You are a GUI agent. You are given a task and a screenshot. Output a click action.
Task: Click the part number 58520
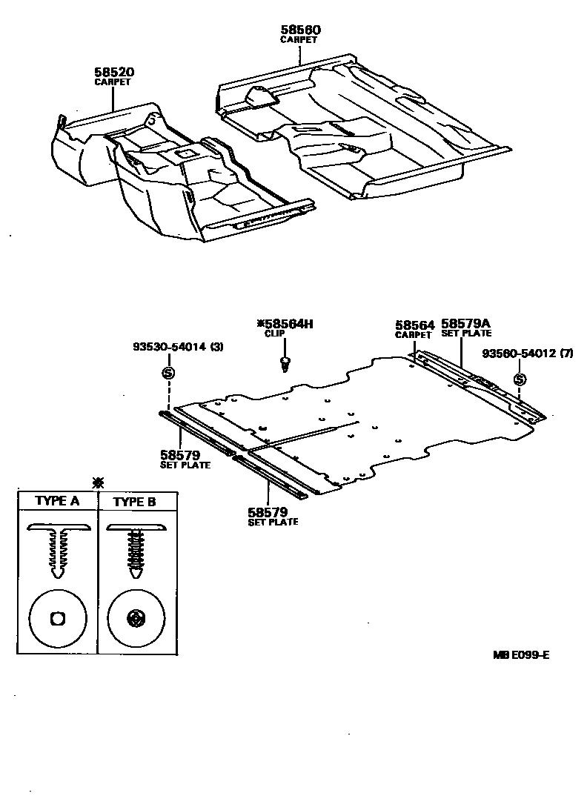click(113, 72)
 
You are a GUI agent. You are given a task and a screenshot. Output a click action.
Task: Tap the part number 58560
click(300, 30)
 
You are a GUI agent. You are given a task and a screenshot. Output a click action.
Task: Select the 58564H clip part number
click(289, 323)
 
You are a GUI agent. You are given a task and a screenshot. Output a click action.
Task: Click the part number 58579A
click(466, 324)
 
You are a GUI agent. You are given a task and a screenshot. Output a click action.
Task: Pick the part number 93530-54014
click(167, 347)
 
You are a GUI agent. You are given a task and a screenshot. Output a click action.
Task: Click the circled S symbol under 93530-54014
click(168, 372)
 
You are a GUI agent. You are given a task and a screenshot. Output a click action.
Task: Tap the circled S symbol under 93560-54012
click(520, 379)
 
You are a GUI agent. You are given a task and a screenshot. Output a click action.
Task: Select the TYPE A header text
click(57, 501)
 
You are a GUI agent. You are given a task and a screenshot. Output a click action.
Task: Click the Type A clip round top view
click(57, 618)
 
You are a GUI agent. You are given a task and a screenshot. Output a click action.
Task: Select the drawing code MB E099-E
click(522, 654)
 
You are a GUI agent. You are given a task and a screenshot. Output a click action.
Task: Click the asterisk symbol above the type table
click(97, 482)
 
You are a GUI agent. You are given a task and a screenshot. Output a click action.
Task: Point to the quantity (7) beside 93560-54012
click(566, 354)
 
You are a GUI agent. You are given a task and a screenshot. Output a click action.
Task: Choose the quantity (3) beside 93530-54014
click(216, 347)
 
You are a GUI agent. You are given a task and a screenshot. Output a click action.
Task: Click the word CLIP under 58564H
click(275, 334)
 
